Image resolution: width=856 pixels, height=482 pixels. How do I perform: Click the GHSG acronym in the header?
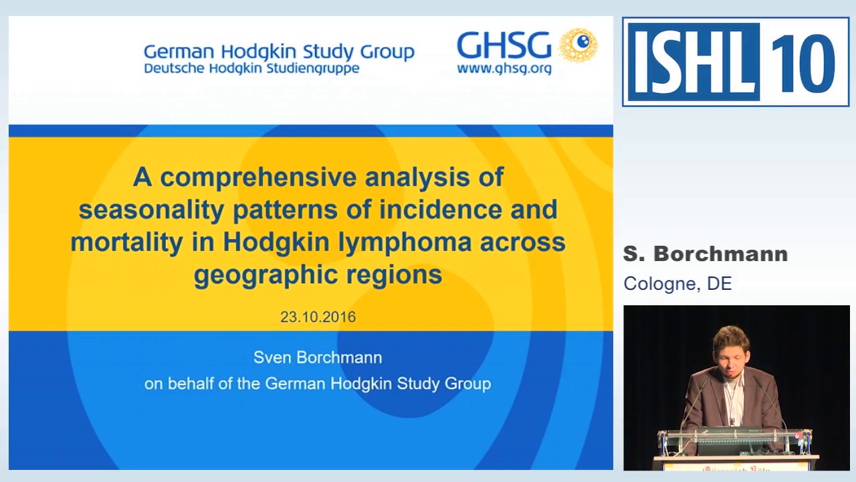coord(504,46)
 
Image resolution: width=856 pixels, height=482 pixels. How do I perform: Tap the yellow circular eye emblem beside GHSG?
coord(578,45)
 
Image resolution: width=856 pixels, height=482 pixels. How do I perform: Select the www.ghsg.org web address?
coord(504,68)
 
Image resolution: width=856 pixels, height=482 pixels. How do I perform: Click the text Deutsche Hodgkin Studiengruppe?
coord(251,68)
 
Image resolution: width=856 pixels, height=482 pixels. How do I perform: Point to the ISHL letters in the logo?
coord(693,62)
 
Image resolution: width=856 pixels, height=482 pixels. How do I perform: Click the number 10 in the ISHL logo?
coord(802,62)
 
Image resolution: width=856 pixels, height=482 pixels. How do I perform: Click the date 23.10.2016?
coord(318,317)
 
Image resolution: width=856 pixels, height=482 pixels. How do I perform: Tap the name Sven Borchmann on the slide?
coord(318,357)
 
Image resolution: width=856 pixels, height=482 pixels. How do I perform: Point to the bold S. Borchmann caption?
coord(705,254)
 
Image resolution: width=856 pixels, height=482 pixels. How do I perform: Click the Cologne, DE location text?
coord(677,284)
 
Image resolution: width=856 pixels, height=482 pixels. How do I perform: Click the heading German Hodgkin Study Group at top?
coord(279,52)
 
